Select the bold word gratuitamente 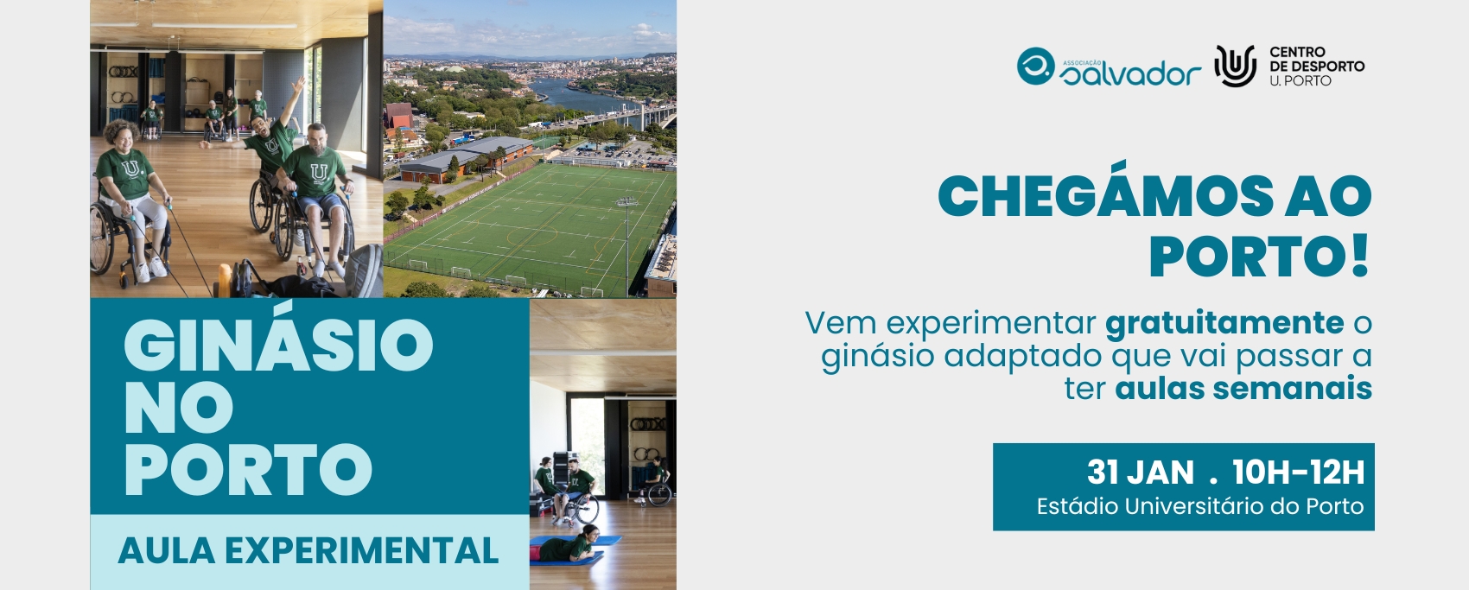pyautogui.click(x=1224, y=322)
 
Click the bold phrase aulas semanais pyautogui.click(x=1243, y=388)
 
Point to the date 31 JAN pyautogui.click(x=1140, y=472)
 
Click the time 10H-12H pyautogui.click(x=1299, y=472)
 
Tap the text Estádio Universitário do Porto pyautogui.click(x=1200, y=506)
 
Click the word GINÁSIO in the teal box pyautogui.click(x=279, y=344)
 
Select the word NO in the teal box pyautogui.click(x=178, y=407)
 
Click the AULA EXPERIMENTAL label pyautogui.click(x=308, y=550)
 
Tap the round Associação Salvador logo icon pyautogui.click(x=1035, y=66)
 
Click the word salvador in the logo pyautogui.click(x=1130, y=74)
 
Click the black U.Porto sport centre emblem pyautogui.click(x=1235, y=66)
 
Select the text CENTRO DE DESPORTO pyautogui.click(x=1317, y=59)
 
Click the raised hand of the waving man pyautogui.click(x=299, y=84)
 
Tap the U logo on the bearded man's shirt pyautogui.click(x=319, y=173)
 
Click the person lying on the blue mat pyautogui.click(x=569, y=546)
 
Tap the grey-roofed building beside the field pyautogui.click(x=459, y=158)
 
